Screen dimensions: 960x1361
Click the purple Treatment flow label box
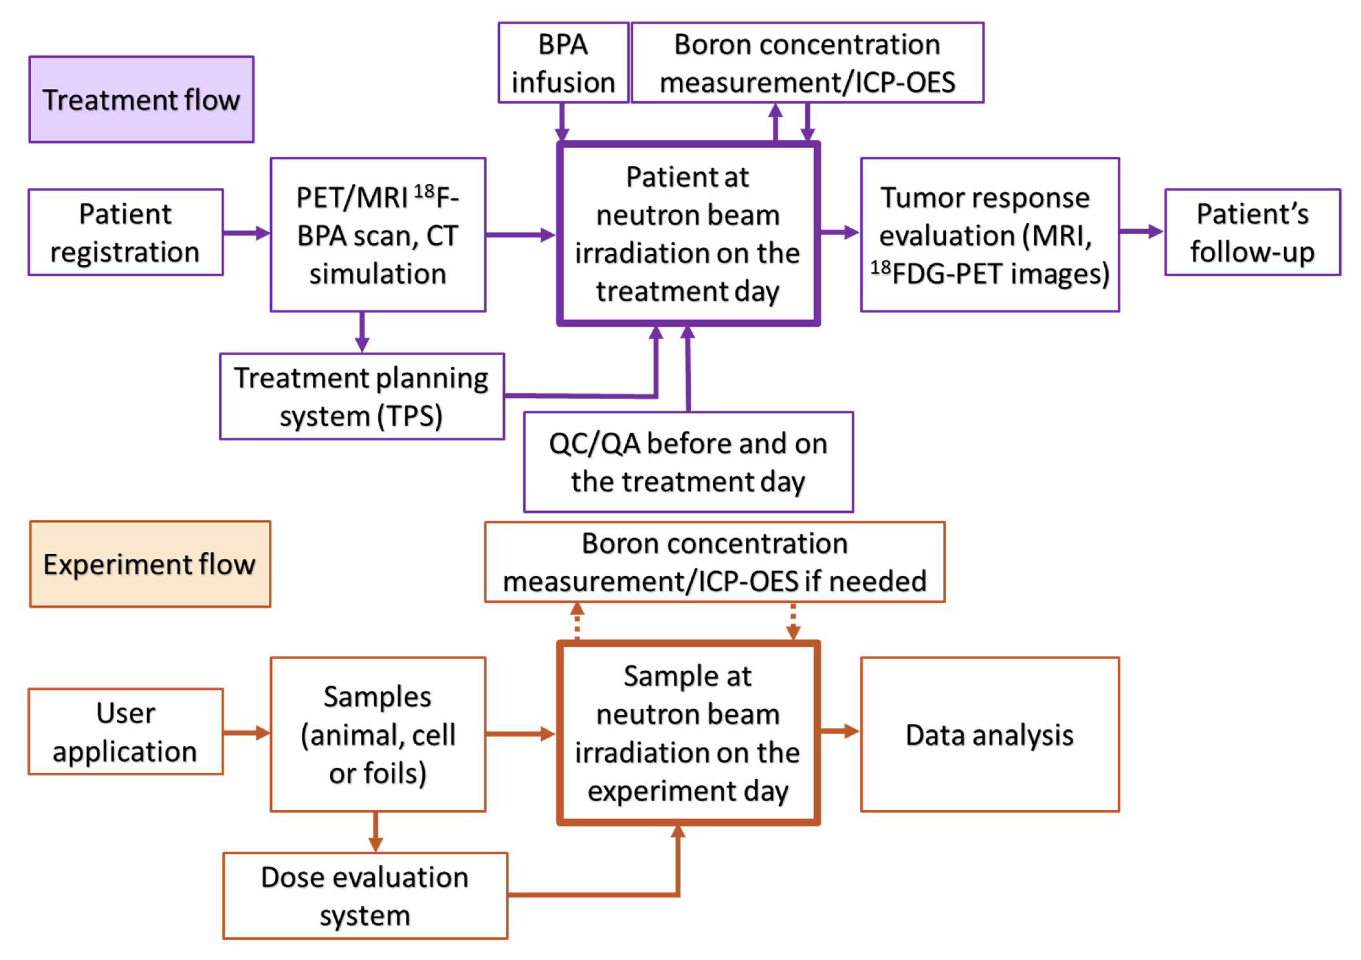141,99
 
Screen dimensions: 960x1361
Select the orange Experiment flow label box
150,564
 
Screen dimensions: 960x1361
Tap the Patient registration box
126,232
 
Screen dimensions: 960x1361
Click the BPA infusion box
563,63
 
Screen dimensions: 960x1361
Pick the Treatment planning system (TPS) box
362,396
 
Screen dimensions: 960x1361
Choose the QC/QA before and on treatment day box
688,462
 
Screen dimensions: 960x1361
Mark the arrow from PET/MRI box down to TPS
362,332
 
